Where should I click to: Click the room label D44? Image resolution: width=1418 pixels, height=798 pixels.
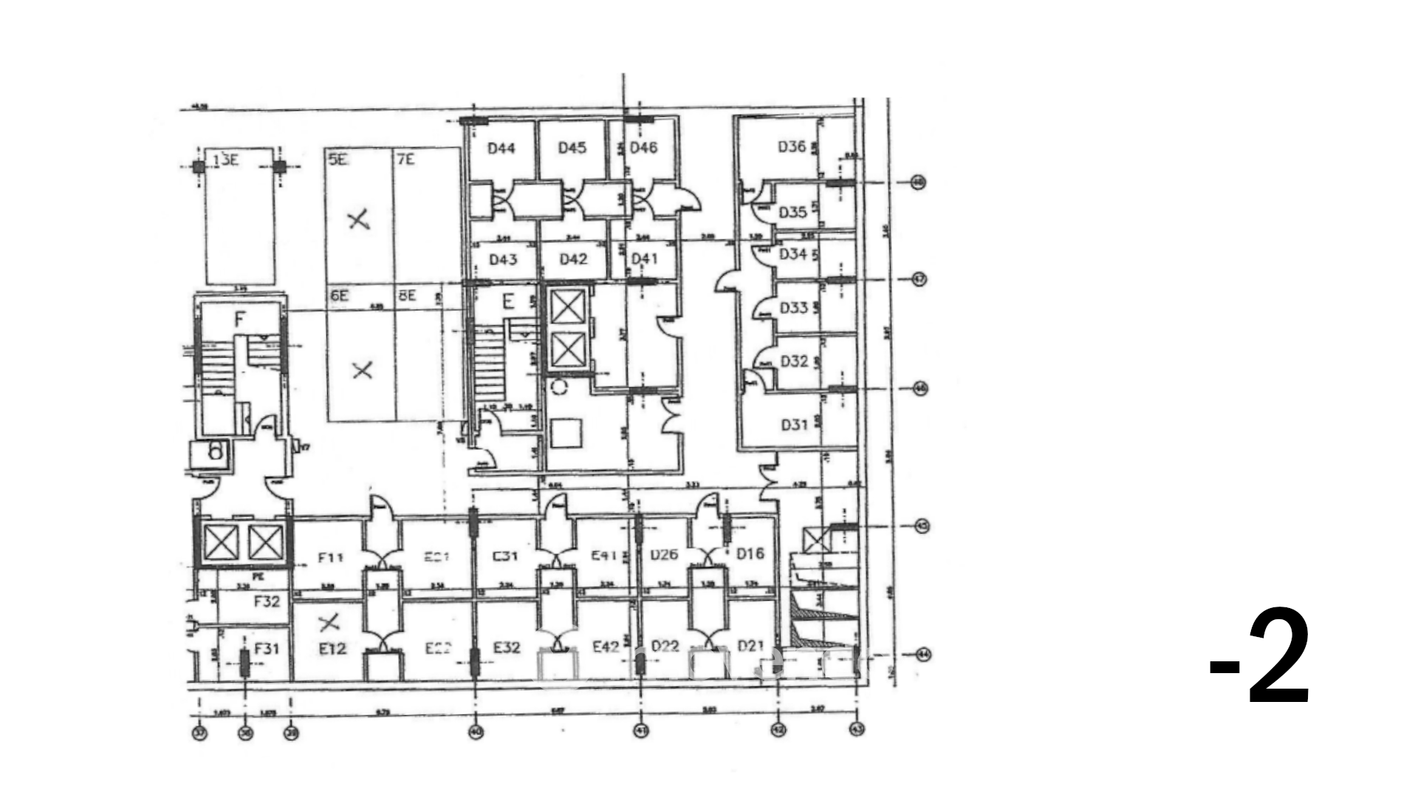coord(501,149)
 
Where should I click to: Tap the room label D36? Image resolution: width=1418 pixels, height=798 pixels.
coord(792,146)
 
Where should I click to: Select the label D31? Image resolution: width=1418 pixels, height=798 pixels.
coord(795,425)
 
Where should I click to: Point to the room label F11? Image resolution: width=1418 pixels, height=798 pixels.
coord(330,557)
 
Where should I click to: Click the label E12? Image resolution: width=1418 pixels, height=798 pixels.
coord(332,649)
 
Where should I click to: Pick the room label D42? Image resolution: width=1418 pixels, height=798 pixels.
coord(573,259)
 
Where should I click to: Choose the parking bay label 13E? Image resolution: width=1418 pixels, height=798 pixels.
coord(225,160)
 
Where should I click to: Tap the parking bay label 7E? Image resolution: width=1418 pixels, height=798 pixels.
coord(405,160)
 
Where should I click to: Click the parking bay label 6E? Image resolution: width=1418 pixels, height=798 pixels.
coord(339,296)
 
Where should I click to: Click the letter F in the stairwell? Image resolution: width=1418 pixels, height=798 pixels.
coord(239,319)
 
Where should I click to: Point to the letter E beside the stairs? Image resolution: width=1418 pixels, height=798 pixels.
coord(508,301)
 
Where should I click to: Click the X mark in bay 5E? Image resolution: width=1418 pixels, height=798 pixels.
coord(359,219)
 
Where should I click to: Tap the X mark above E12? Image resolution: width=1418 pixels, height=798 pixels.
coord(329,624)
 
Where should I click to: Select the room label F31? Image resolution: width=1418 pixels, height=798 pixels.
coord(267,649)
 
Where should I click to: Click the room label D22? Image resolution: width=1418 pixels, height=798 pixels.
coord(665,647)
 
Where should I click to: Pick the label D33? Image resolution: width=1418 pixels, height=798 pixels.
coord(794,307)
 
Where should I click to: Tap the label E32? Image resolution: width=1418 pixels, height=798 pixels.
coord(507,648)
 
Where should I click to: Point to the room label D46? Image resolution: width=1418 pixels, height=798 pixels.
coord(643,148)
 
